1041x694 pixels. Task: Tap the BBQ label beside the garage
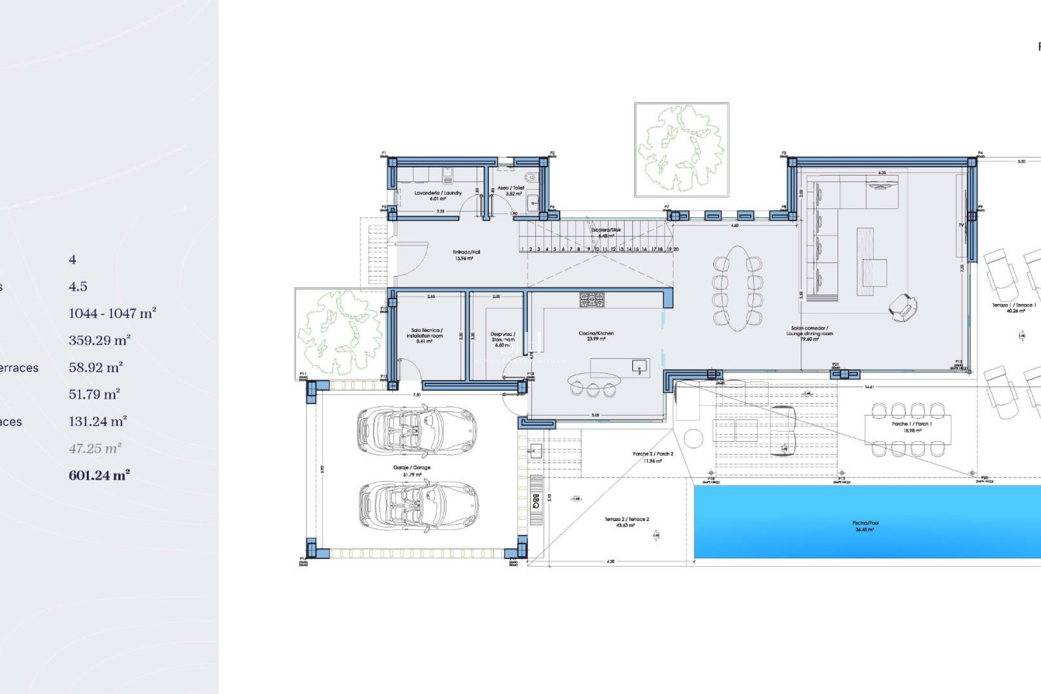pos(536,500)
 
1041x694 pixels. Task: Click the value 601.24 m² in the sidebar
pos(99,475)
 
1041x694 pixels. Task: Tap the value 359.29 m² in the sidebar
pos(99,340)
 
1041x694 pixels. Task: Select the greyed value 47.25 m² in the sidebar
pos(95,448)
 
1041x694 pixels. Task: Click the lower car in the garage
pos(417,505)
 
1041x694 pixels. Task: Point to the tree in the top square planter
pos(681,149)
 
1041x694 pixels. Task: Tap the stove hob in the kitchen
pos(592,300)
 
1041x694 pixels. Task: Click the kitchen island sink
pos(639,367)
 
